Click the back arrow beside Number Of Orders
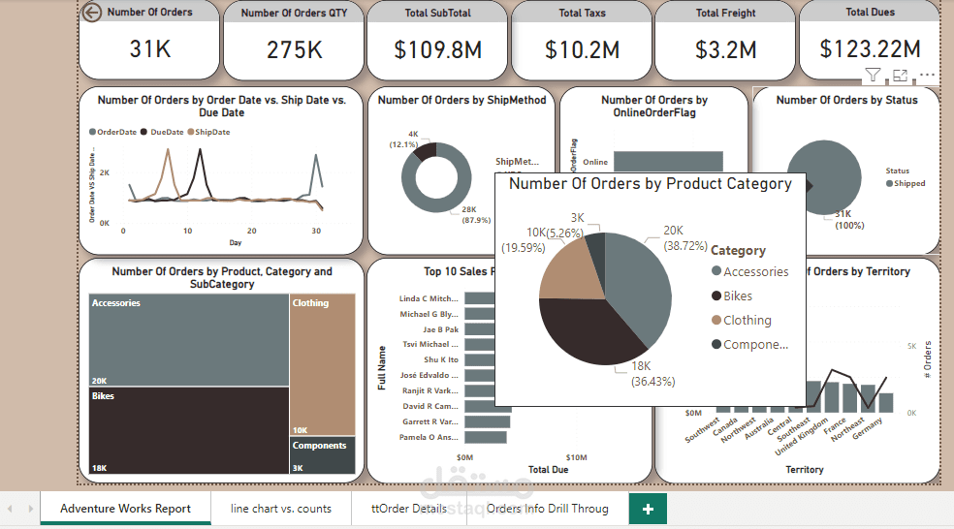pyautogui.click(x=92, y=13)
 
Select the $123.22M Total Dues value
pyautogui.click(x=870, y=48)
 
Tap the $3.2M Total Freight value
pyautogui.click(x=726, y=49)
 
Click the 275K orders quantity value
pyautogui.click(x=295, y=49)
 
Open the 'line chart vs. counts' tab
pyautogui.click(x=281, y=508)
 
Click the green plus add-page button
pyautogui.click(x=648, y=508)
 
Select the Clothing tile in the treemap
pyautogui.click(x=323, y=363)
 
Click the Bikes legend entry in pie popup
pyautogui.click(x=737, y=296)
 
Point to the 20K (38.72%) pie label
pyautogui.click(x=685, y=238)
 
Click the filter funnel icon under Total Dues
pyautogui.click(x=873, y=76)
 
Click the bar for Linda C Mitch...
pyautogui.click(x=479, y=298)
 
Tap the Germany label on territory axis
pyautogui.click(x=868, y=428)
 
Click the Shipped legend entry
pyautogui.click(x=908, y=183)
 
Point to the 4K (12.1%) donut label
pyautogui.click(x=404, y=139)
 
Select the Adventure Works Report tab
pyautogui.click(x=125, y=508)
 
